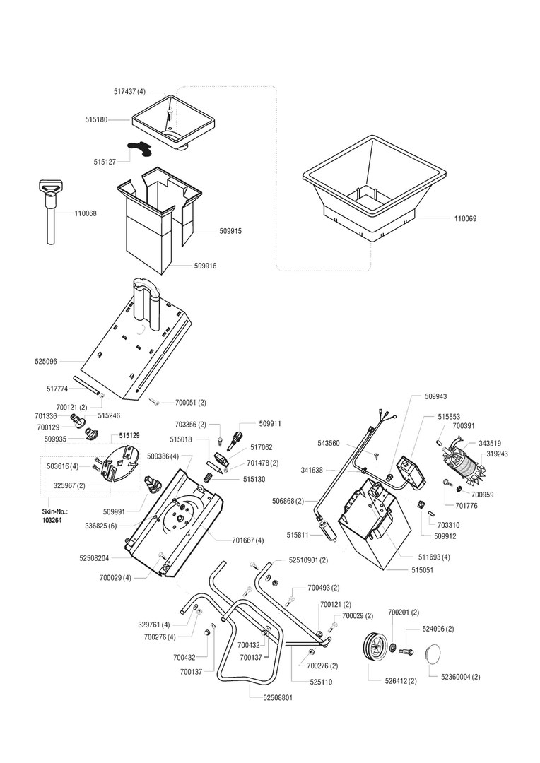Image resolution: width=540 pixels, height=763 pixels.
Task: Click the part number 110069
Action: tap(465, 219)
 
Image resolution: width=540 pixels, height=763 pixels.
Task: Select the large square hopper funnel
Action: tap(374, 190)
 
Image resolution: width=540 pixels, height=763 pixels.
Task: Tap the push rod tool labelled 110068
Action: tap(50, 211)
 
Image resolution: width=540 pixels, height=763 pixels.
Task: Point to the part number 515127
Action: tap(105, 162)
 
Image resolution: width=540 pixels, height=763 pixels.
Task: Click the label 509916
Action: tap(205, 266)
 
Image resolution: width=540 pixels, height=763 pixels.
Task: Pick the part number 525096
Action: tap(46, 362)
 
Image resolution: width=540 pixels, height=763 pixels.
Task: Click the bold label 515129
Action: tap(128, 435)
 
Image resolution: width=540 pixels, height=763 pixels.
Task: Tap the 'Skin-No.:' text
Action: tap(54, 512)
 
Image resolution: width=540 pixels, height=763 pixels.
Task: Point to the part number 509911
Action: tap(270, 424)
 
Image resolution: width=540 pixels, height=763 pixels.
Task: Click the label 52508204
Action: tap(94, 559)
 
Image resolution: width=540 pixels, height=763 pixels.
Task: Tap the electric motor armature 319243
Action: tap(462, 467)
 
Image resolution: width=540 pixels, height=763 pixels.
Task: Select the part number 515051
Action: tap(422, 570)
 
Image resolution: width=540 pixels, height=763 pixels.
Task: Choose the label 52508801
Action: tap(278, 698)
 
